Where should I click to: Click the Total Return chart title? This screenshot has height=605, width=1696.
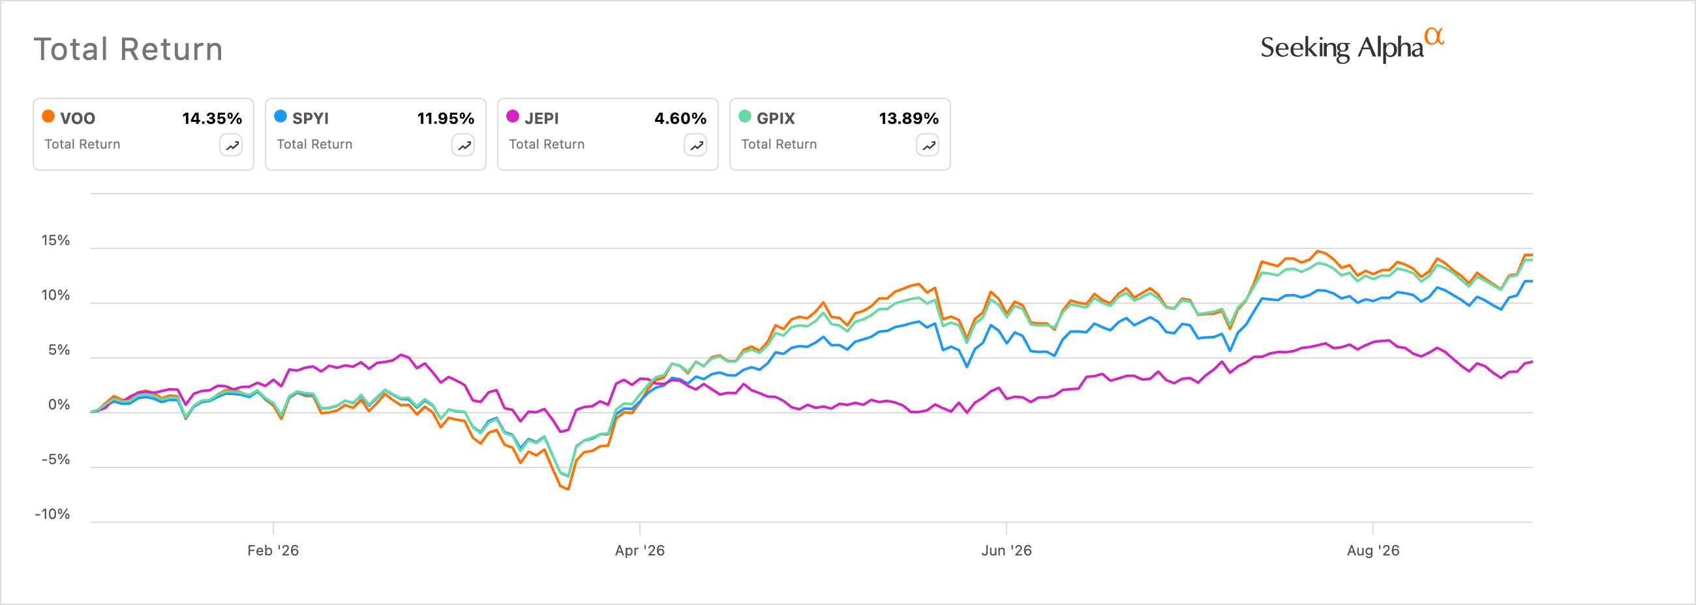(x=129, y=50)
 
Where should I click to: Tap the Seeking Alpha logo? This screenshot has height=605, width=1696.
(x=1352, y=46)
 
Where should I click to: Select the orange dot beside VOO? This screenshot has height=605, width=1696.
(x=48, y=117)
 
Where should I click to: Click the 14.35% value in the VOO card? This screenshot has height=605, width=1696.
(x=212, y=119)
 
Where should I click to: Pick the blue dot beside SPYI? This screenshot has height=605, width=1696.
(x=280, y=117)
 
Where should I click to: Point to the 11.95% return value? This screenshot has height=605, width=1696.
(x=446, y=119)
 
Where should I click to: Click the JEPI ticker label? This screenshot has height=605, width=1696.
(x=542, y=119)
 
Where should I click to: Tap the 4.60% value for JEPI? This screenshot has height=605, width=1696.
(x=680, y=119)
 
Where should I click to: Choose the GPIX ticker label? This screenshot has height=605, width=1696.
(x=776, y=119)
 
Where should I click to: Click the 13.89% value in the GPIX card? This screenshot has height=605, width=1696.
(x=909, y=119)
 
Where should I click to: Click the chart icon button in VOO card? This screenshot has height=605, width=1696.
(x=231, y=145)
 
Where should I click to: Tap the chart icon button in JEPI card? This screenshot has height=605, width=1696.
(x=695, y=145)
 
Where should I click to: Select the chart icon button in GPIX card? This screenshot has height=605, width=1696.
(x=928, y=145)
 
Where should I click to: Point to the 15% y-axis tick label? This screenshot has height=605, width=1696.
(x=55, y=241)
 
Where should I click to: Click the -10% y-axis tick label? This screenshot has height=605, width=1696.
(x=52, y=514)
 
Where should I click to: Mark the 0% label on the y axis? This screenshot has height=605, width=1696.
(x=59, y=405)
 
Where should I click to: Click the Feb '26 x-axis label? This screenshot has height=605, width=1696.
(x=273, y=550)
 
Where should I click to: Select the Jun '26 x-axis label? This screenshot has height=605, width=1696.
(x=1007, y=550)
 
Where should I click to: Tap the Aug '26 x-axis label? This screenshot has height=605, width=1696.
(x=1373, y=550)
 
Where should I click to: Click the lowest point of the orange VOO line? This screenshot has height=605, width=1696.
(x=568, y=489)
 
